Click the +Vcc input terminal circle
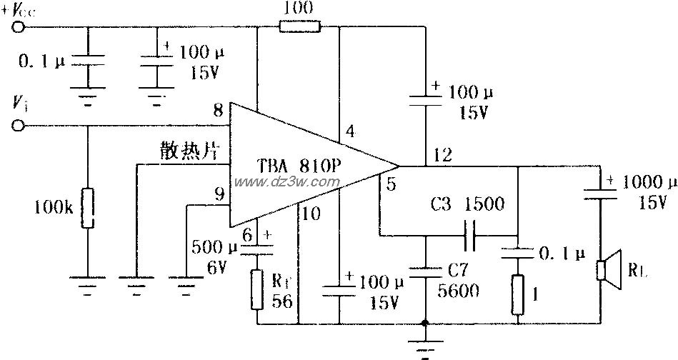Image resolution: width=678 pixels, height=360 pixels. pyautogui.click(x=19, y=27)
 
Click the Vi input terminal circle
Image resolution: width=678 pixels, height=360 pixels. pyautogui.click(x=19, y=126)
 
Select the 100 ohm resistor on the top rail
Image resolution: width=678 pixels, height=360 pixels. pyautogui.click(x=300, y=27)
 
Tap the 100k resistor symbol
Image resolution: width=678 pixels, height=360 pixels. pyautogui.click(x=87, y=208)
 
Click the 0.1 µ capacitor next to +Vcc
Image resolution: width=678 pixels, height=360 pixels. pyautogui.click(x=87, y=64)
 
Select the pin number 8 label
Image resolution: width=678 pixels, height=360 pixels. pyautogui.click(x=218, y=111)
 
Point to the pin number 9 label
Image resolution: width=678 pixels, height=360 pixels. pyautogui.click(x=218, y=193)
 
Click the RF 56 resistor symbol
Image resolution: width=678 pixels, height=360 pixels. pyautogui.click(x=256, y=289)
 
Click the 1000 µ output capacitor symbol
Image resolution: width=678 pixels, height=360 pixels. pyautogui.click(x=600, y=190)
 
